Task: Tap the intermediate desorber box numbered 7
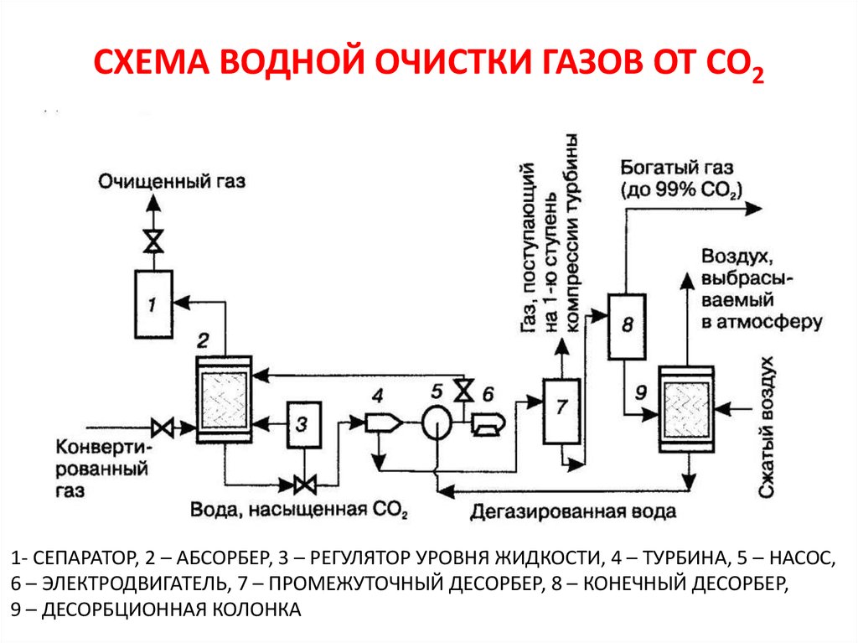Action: pos(561,411)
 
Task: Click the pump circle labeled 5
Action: pos(436,422)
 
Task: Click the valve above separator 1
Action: pos(153,241)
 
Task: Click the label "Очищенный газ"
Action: pos(172,181)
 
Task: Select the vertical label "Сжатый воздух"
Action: pos(765,428)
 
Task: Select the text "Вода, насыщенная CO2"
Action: pos(299,511)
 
